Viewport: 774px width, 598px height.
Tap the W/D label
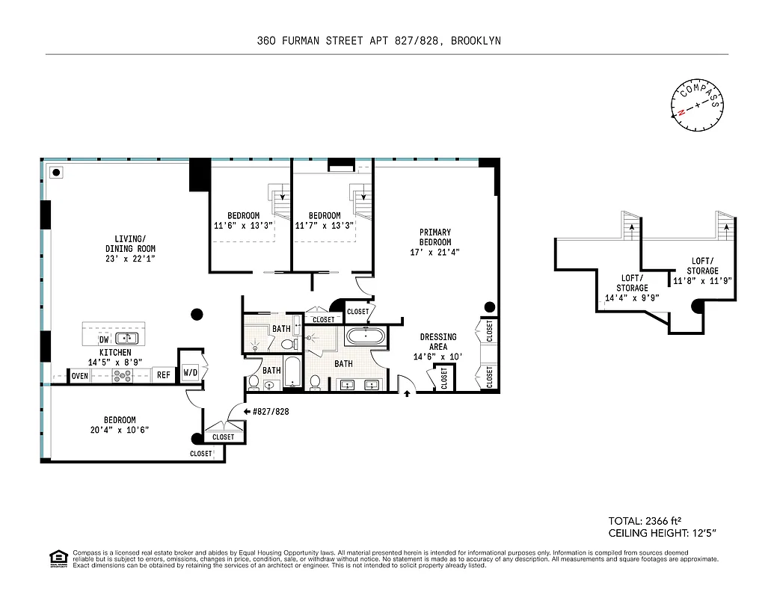point(190,372)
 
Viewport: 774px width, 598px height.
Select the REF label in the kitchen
point(163,376)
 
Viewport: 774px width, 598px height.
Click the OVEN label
point(80,376)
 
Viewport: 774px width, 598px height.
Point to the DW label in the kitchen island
point(104,339)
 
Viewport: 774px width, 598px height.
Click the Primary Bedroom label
point(434,237)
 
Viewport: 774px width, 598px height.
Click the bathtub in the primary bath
point(366,336)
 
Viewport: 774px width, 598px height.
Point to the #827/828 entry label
point(271,412)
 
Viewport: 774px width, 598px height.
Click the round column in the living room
point(197,314)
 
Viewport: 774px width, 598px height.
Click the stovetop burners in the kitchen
point(121,376)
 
